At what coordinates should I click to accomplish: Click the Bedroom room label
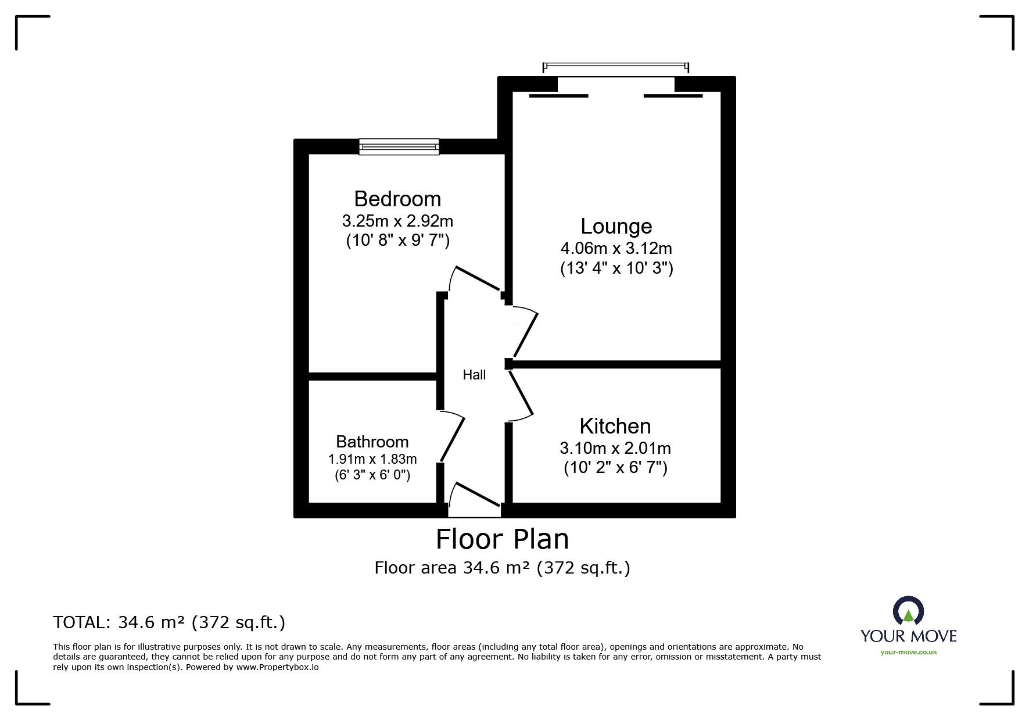(x=397, y=199)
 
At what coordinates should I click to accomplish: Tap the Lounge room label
(x=616, y=226)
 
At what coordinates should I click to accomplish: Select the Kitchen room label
(x=615, y=426)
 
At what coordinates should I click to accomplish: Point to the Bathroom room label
(x=372, y=442)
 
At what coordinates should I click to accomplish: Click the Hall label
(x=474, y=375)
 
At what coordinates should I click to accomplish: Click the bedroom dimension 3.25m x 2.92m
(x=397, y=221)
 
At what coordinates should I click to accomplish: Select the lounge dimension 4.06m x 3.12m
(x=616, y=249)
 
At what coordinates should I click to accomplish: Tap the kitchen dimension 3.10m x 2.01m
(x=615, y=448)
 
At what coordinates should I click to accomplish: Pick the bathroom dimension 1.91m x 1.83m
(x=372, y=459)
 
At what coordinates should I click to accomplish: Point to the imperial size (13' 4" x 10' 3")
(x=616, y=268)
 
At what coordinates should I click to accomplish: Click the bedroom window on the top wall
(x=399, y=146)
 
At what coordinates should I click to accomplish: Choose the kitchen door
(x=521, y=395)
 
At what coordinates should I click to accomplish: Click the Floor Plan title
(x=503, y=539)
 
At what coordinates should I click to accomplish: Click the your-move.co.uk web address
(x=909, y=652)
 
